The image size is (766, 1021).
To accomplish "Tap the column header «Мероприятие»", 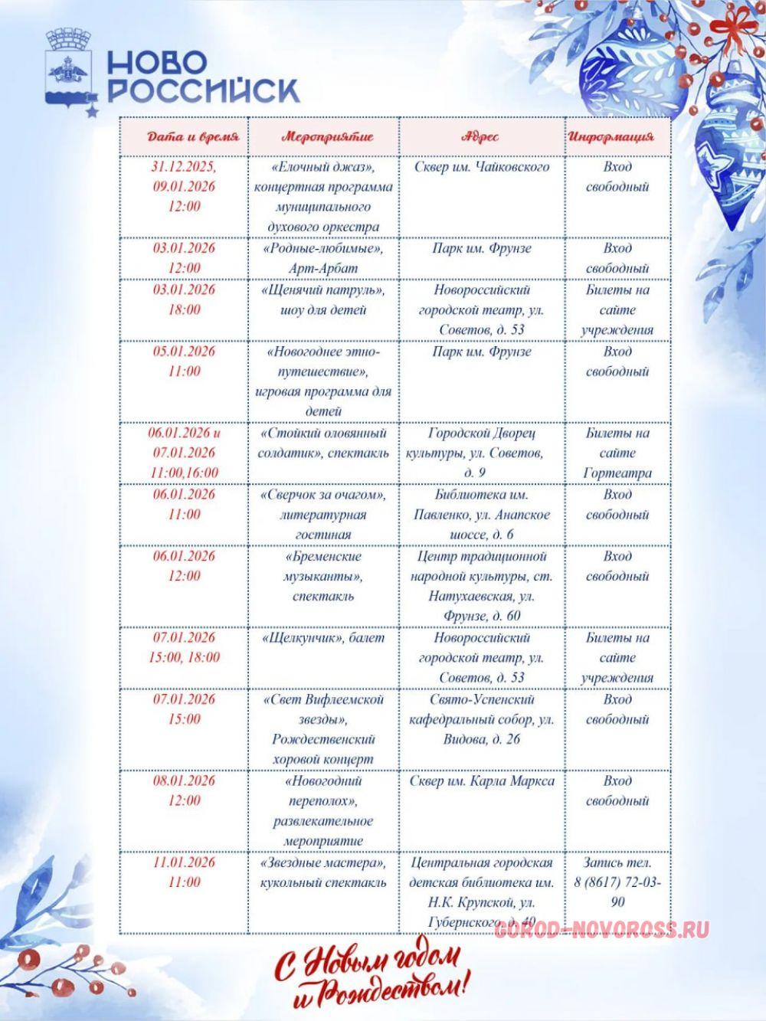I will click(327, 137).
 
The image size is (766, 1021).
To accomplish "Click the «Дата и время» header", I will click(193, 137).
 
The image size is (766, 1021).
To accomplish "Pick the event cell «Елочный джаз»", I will click(323, 197).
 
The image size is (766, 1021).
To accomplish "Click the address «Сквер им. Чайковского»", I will click(482, 167).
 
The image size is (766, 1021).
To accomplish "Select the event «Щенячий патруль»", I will click(323, 299).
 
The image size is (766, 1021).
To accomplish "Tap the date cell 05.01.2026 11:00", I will click(184, 362).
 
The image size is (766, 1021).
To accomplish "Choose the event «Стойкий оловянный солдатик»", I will click(323, 443).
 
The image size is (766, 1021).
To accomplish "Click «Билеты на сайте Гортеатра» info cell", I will click(617, 453).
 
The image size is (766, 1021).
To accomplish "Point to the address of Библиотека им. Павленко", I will click(482, 514).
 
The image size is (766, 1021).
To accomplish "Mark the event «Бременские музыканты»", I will click(323, 576).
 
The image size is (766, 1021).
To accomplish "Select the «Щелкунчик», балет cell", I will click(323, 638).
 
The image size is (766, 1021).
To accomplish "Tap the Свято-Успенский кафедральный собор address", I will click(482, 719).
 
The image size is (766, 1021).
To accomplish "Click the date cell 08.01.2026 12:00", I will click(184, 790).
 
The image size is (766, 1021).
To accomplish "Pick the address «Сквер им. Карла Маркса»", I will click(482, 781).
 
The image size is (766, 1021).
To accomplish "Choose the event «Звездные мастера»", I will click(323, 872).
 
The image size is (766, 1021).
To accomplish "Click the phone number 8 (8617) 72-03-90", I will click(617, 892).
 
